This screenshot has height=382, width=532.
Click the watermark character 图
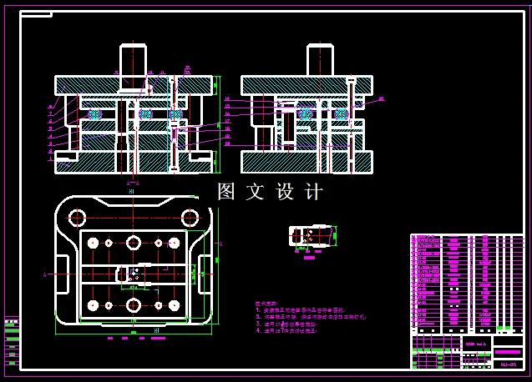[x=226, y=192]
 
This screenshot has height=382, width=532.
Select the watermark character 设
[x=284, y=192]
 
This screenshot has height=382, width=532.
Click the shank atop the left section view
[x=134, y=61]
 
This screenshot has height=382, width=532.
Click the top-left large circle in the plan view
[x=77, y=218]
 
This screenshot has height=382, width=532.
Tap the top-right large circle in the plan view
[x=190, y=218]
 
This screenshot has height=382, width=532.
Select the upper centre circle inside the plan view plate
[x=134, y=243]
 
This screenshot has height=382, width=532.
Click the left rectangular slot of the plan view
[x=63, y=274]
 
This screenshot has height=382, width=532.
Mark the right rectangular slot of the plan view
[x=205, y=274]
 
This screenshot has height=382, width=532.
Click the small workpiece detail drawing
[x=311, y=236]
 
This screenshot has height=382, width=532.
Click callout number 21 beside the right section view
[x=382, y=99]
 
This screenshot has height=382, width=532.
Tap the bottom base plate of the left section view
[x=134, y=163]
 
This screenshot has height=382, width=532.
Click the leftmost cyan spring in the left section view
[x=94, y=113]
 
